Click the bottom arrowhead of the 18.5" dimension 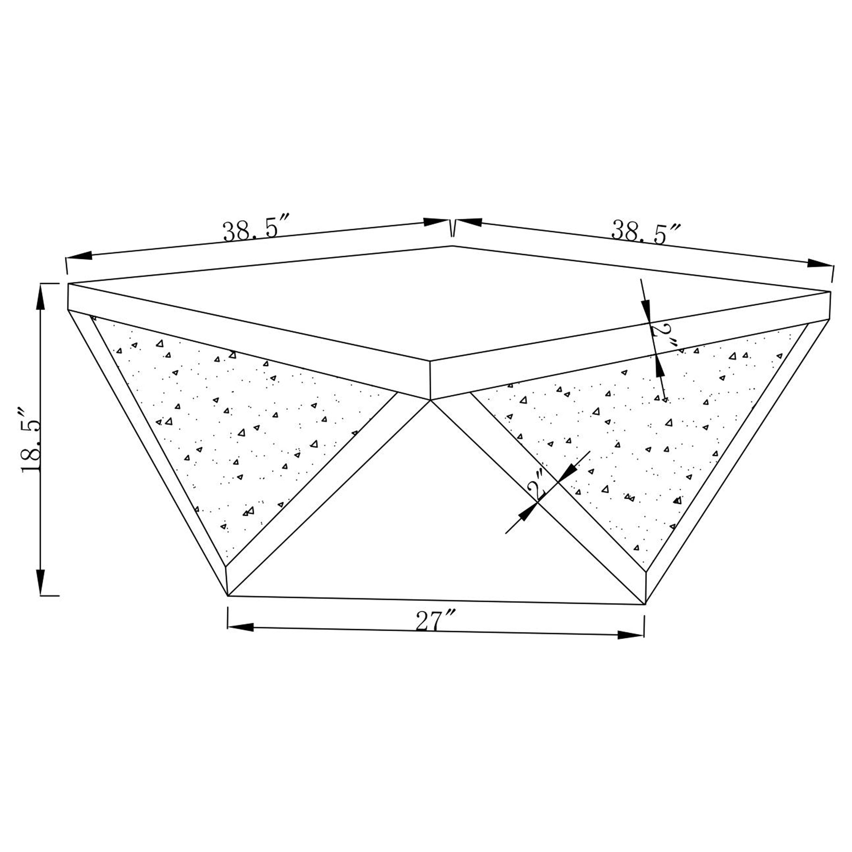tap(41, 581)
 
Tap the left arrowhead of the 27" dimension tap(240, 627)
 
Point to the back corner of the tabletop tap(453, 246)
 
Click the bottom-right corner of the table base tap(645, 604)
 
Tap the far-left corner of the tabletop tap(69, 285)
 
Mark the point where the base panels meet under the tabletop tap(430, 400)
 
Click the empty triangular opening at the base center tap(435, 529)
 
